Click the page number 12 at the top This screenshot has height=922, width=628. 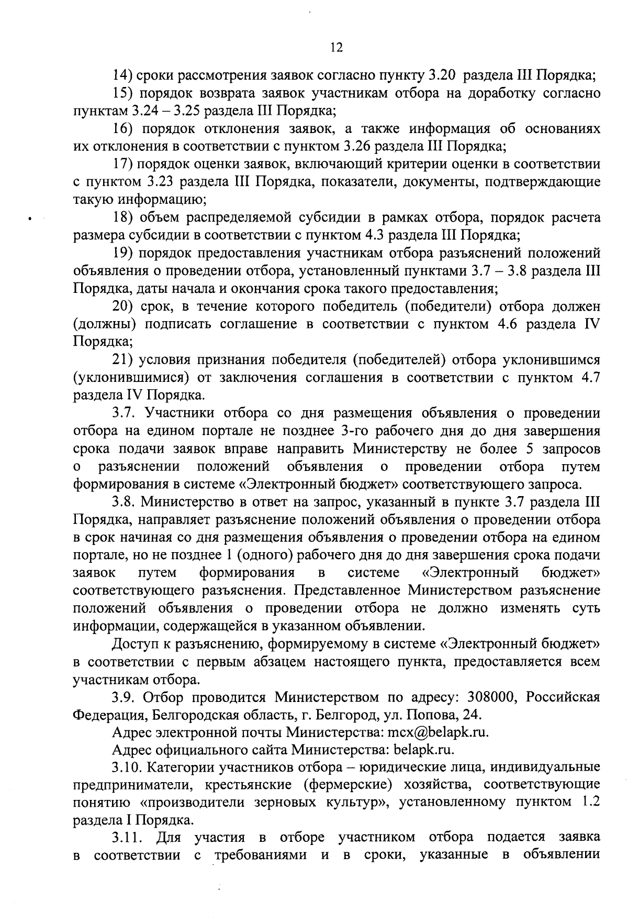pos(337,48)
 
